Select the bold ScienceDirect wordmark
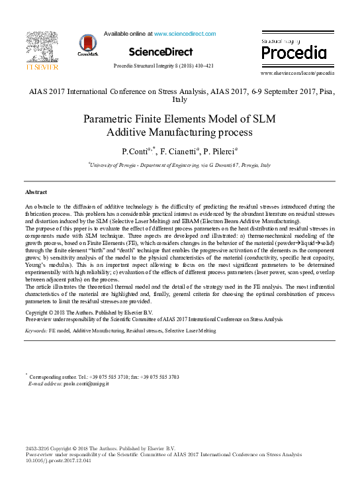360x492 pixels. click(x=161, y=52)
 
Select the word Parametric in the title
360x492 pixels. click(x=109, y=120)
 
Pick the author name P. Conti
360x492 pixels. click(x=136, y=152)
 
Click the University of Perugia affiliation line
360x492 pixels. click(x=181, y=165)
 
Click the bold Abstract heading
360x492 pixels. click(x=36, y=191)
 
